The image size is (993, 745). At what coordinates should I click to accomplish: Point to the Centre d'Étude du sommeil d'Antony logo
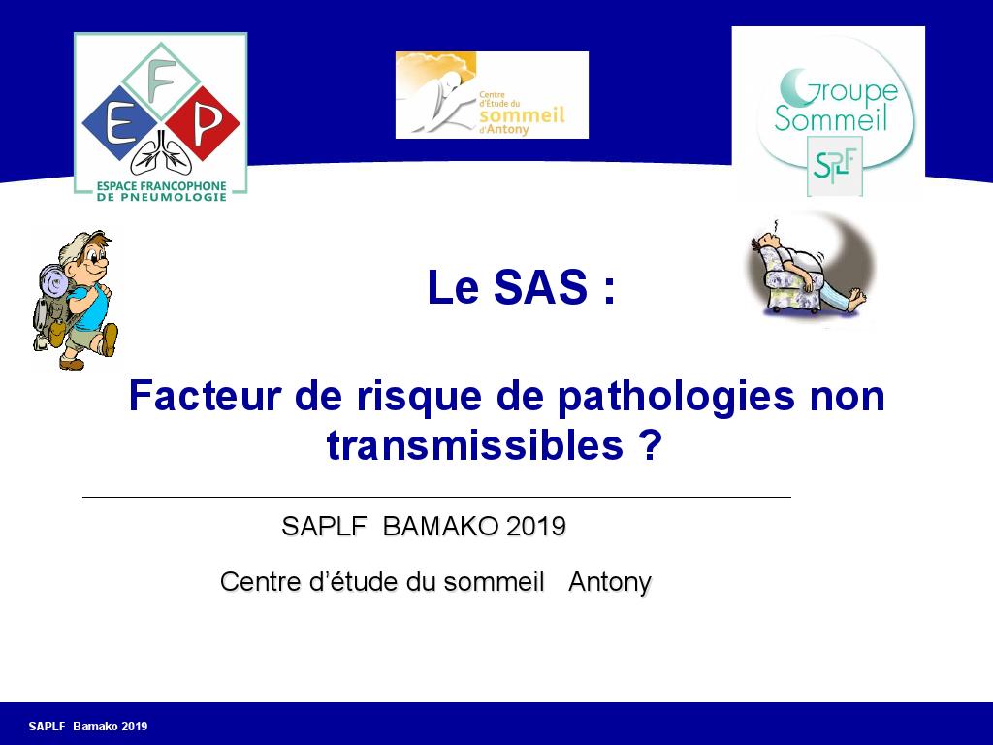click(492, 95)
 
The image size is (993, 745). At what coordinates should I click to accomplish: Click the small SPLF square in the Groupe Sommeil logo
click(834, 165)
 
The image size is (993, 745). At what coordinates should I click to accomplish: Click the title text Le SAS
click(521, 288)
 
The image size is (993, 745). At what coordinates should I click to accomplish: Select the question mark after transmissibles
click(651, 445)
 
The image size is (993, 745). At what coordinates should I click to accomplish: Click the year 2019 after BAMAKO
click(535, 527)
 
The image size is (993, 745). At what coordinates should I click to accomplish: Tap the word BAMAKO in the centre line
click(440, 527)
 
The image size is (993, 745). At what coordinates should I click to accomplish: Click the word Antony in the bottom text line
click(609, 582)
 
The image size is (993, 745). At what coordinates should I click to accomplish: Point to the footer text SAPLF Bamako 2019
click(88, 727)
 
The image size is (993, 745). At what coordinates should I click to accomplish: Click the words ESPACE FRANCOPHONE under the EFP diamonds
click(161, 185)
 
